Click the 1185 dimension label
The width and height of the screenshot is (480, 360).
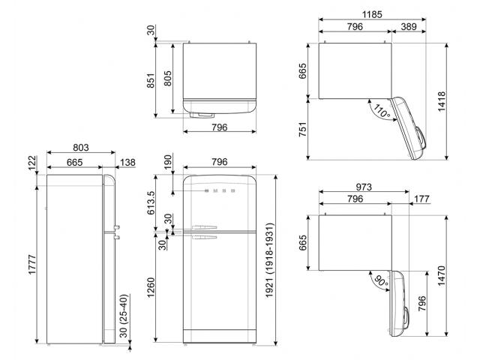[x=372, y=14]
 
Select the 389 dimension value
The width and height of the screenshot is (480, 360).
[x=409, y=27]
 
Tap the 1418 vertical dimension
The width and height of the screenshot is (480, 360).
[x=442, y=102]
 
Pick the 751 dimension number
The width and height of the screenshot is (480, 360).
[x=302, y=129]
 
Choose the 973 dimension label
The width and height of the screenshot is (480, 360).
[x=364, y=187]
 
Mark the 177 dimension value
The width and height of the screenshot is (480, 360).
[x=421, y=199]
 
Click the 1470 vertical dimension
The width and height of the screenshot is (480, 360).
[x=442, y=276]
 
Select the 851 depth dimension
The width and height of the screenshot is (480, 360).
[x=151, y=80]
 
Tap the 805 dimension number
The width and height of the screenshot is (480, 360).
[x=167, y=78]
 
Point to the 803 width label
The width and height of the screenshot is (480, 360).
[x=81, y=148]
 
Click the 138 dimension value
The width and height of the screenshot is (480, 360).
[x=127, y=163]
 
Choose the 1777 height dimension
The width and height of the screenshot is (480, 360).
[x=32, y=265]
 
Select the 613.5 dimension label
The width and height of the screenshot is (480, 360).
[x=151, y=202]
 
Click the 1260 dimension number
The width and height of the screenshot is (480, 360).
[x=151, y=287]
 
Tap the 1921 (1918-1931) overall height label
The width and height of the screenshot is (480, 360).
[x=268, y=260]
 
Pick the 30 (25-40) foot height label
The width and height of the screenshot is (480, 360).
[x=123, y=316]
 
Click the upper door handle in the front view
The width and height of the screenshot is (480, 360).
[x=204, y=227]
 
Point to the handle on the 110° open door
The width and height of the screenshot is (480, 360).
[x=420, y=138]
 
